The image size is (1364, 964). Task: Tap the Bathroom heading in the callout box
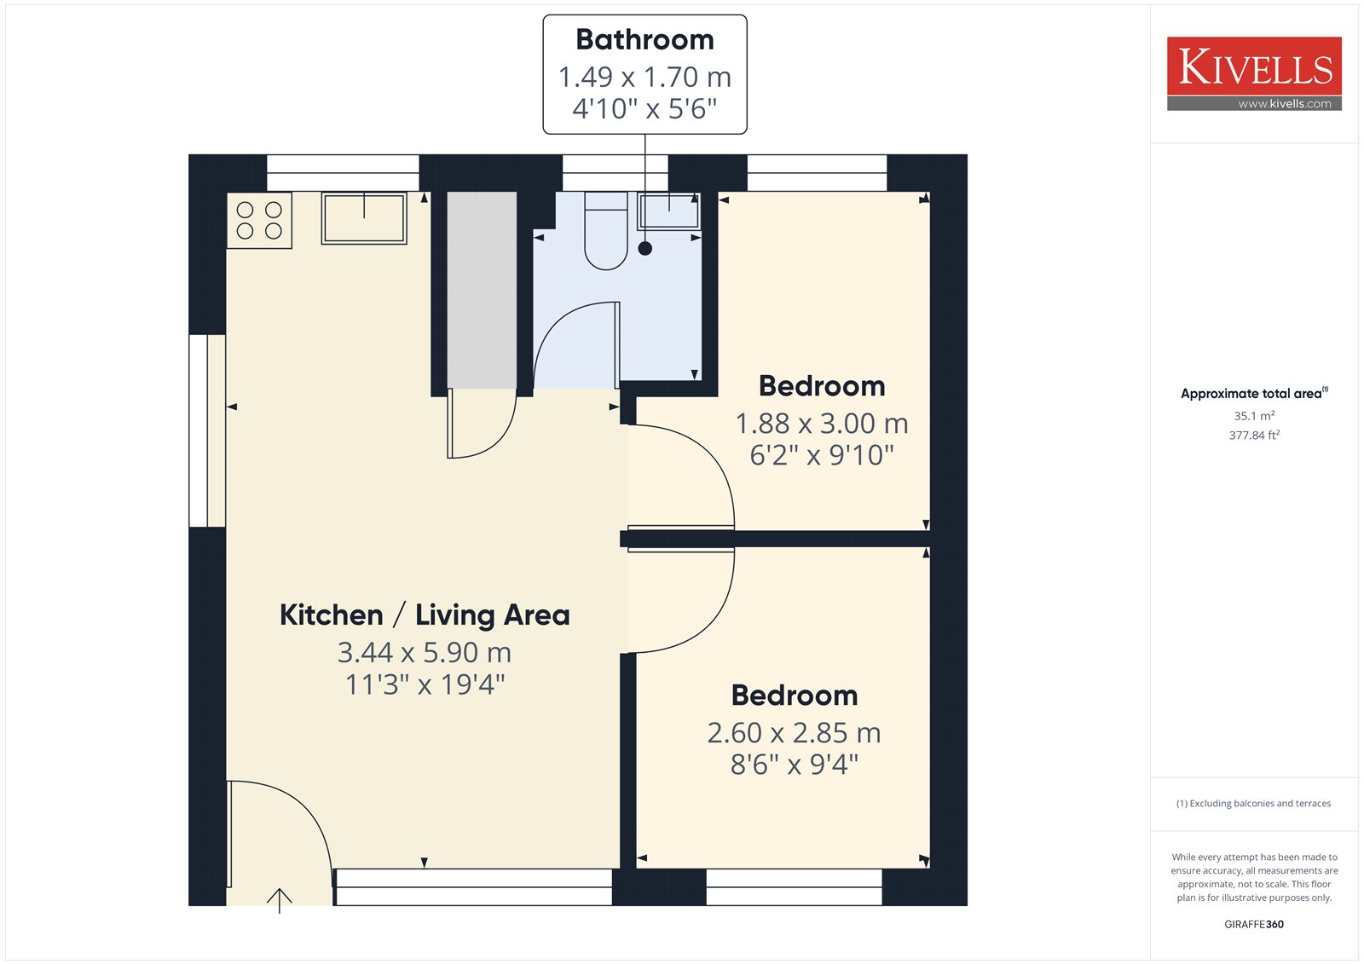644,40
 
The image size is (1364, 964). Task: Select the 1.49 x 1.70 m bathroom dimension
644,77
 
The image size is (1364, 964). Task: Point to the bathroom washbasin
669,211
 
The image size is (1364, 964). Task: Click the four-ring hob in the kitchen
259,220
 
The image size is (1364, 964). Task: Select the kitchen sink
364,218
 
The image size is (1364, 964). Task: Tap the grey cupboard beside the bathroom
482,290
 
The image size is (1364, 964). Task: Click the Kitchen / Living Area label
425,615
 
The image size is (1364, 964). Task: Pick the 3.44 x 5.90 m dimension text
425,653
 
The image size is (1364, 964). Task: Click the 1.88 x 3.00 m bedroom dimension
822,424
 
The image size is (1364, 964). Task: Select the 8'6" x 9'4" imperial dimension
794,765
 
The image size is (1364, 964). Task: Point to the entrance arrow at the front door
280,898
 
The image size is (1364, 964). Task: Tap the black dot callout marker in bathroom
645,249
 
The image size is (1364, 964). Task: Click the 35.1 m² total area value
1254,416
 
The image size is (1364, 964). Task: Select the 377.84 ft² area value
1254,435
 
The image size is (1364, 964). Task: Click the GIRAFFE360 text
1254,924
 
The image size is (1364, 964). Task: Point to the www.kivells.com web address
1284,104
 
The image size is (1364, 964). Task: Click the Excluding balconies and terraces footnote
1254,803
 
